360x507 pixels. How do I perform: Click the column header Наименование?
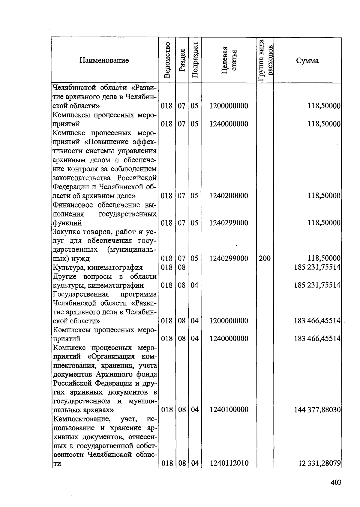click(x=104, y=60)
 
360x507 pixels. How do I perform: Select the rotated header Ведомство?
click(x=167, y=60)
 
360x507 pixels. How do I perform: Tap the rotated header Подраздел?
click(x=195, y=60)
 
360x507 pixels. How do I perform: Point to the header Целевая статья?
click(x=229, y=60)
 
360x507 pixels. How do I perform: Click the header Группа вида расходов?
click(x=265, y=60)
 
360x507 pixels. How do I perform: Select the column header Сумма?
click(x=307, y=61)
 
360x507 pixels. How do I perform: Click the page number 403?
click(x=336, y=482)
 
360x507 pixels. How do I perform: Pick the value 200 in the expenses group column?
click(x=265, y=258)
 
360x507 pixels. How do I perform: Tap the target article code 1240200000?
click(x=229, y=196)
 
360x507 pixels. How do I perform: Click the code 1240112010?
click(x=229, y=463)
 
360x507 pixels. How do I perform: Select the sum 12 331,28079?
click(x=319, y=463)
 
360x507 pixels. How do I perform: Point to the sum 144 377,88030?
click(x=317, y=410)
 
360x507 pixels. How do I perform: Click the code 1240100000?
click(x=229, y=410)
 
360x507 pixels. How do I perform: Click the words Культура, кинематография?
click(x=98, y=267)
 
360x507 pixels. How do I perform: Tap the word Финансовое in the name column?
click(x=72, y=205)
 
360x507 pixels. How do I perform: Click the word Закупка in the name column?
click(x=66, y=232)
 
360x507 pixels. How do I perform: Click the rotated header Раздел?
click(x=181, y=60)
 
